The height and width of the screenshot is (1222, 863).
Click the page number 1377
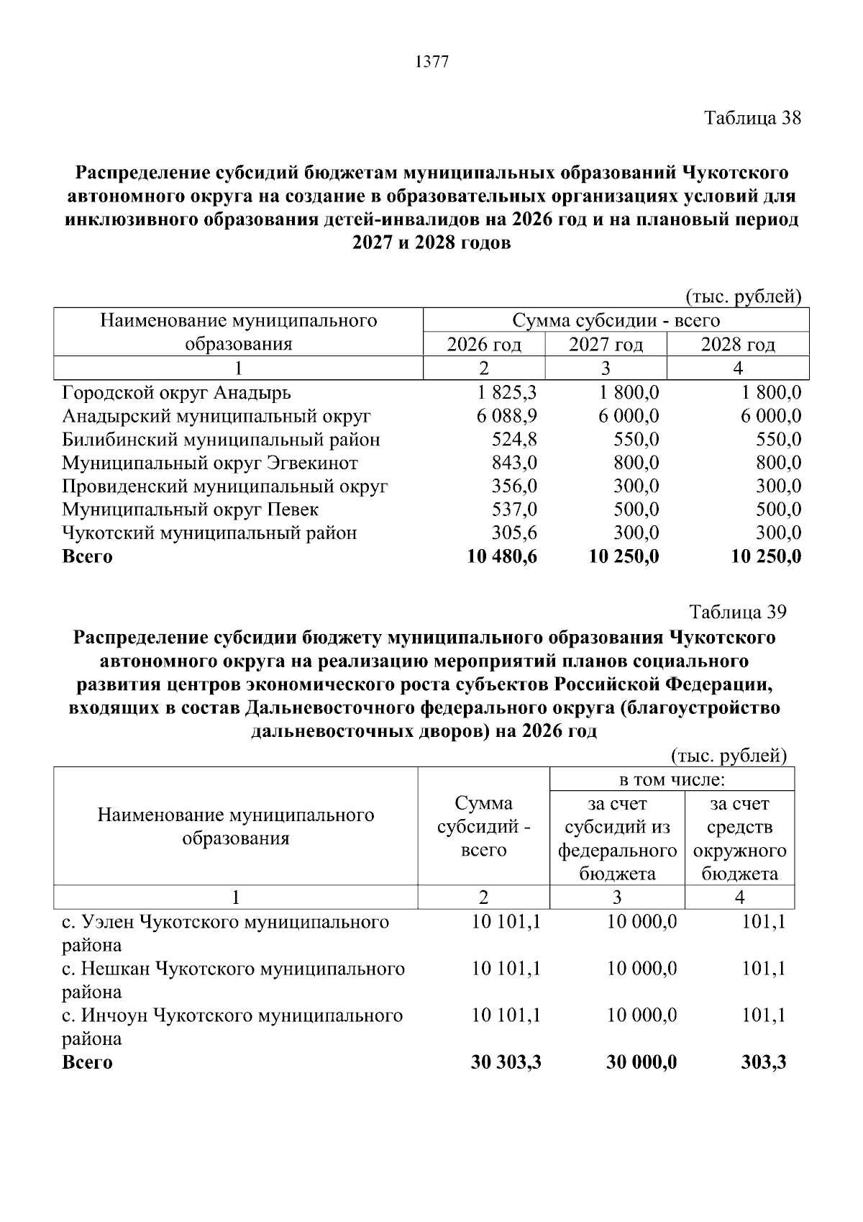tap(431, 63)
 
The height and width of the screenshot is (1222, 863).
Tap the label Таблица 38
tap(752, 118)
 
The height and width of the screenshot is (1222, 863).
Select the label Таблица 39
tap(738, 612)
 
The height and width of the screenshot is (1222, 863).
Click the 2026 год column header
tap(484, 345)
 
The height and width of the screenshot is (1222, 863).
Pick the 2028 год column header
tap(738, 345)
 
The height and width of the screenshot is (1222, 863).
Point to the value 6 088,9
tap(506, 417)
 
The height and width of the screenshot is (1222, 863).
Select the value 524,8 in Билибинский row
tap(513, 440)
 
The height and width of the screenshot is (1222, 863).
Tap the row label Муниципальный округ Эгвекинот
tap(210, 463)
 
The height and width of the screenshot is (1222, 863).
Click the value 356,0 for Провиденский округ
tap(513, 486)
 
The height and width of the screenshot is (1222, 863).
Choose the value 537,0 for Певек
tap(513, 510)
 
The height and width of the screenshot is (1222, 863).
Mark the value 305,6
tap(513, 533)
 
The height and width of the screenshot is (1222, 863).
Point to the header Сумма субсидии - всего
tap(616, 321)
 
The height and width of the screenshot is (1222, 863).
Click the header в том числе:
tap(672, 779)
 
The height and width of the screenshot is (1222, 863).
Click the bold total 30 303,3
tap(506, 1062)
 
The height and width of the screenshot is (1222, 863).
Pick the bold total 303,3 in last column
tap(763, 1062)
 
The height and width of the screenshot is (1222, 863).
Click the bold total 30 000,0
tap(641, 1062)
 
